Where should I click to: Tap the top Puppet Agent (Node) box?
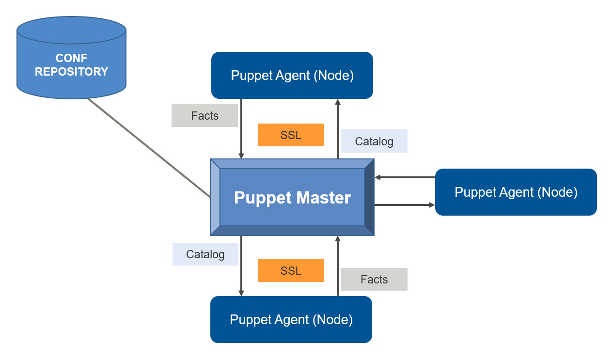[292, 76]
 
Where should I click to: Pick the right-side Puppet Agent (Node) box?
[516, 192]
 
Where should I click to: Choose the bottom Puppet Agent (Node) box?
[291, 320]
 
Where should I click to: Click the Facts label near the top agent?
[204, 116]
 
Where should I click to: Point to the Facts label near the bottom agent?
[374, 280]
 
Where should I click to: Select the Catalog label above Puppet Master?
[374, 141]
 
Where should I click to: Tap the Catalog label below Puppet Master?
[205, 254]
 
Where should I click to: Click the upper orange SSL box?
[291, 135]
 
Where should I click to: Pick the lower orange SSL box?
[291, 270]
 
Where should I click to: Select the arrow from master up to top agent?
[338, 128]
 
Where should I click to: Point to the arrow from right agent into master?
[405, 177]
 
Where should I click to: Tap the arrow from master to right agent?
[405, 205]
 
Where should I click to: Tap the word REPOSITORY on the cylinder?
[71, 72]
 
